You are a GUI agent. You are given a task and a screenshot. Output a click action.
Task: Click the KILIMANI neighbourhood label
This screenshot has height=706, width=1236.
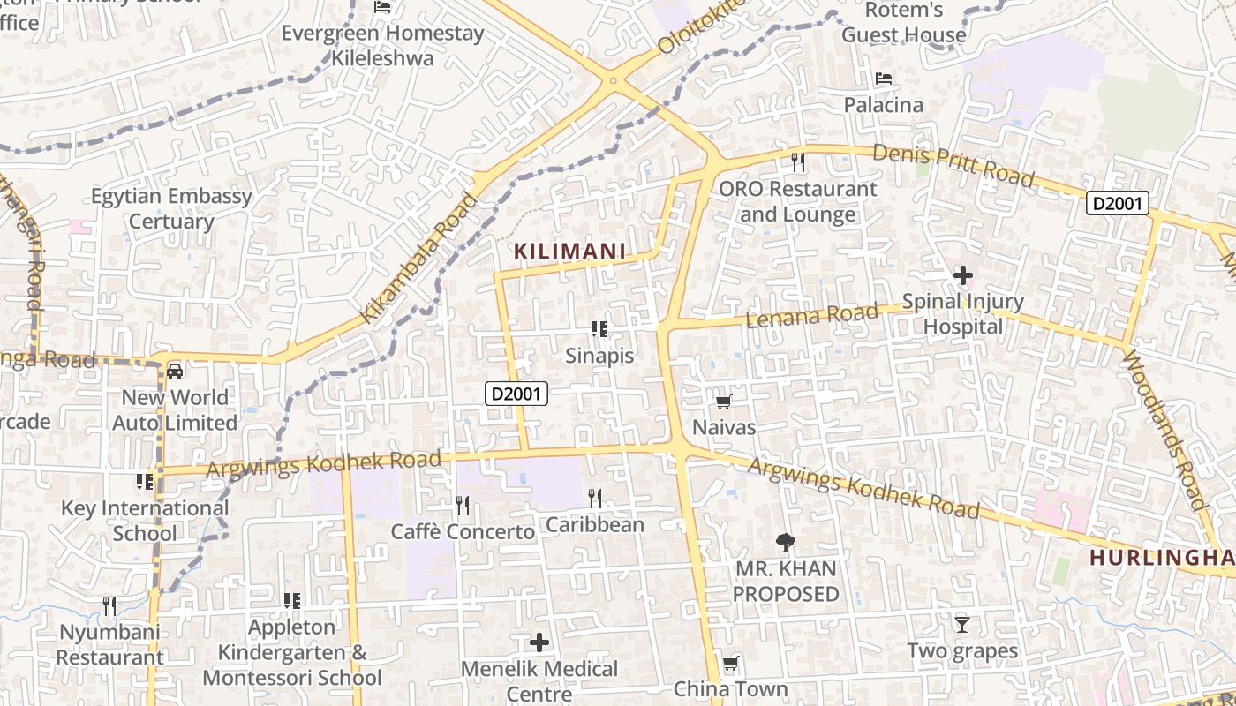[569, 252]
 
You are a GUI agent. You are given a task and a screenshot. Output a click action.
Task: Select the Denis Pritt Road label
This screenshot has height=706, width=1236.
[953, 165]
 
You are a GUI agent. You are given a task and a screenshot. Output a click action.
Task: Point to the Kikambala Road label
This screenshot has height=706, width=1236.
[419, 258]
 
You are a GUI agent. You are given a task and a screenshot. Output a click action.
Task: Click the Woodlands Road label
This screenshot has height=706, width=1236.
[1163, 429]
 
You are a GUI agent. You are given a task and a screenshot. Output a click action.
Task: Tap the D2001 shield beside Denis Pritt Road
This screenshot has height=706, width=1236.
[1117, 204]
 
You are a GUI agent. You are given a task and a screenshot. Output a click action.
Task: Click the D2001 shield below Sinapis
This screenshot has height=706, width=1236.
[516, 394]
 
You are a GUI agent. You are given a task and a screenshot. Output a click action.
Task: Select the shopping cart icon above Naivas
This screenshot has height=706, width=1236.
[724, 402]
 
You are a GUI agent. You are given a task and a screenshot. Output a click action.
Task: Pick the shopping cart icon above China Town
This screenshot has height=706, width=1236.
[730, 664]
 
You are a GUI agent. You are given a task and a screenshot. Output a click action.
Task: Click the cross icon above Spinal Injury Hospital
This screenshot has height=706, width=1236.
[962, 276]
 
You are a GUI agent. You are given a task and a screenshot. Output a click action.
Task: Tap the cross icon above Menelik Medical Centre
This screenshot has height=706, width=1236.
[539, 642]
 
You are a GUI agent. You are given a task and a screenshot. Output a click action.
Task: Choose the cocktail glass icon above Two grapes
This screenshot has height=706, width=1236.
[962, 625]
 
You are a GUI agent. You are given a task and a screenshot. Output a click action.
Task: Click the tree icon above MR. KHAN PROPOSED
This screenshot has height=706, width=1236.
[785, 542]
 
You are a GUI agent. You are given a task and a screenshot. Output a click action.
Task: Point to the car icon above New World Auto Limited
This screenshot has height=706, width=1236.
[175, 371]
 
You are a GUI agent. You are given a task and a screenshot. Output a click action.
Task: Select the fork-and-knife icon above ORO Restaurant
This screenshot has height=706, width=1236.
[798, 162]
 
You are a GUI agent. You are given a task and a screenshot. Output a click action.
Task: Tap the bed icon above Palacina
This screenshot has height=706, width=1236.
[883, 79]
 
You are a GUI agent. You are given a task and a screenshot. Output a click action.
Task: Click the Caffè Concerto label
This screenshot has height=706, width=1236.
[463, 532]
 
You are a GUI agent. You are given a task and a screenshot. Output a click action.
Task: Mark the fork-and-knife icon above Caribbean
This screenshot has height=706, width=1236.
[595, 499]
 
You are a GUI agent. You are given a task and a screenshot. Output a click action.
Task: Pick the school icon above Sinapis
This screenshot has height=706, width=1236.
[599, 329]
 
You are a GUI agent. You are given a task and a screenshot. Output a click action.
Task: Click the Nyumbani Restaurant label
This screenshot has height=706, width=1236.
[110, 645]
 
